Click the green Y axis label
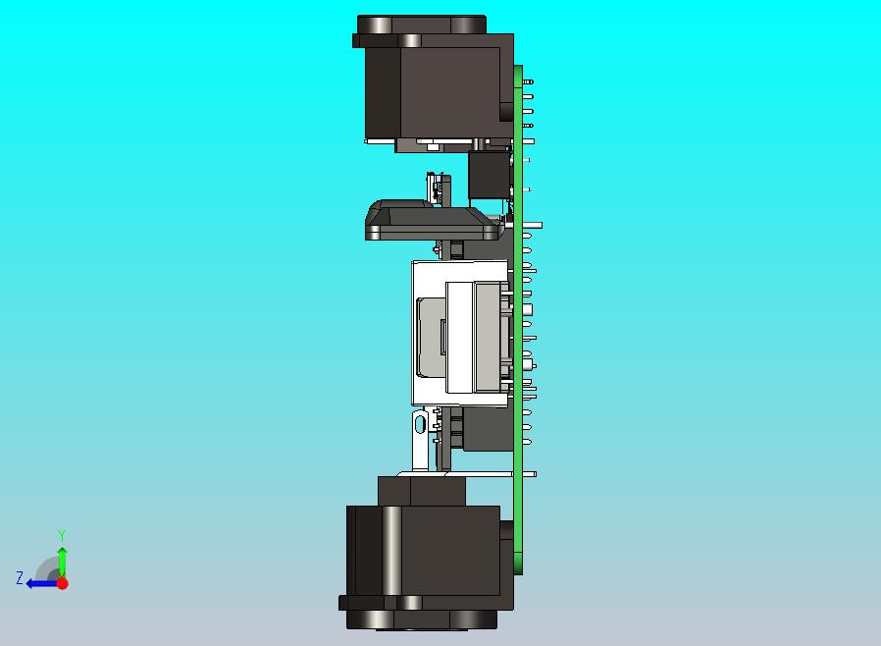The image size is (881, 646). [62, 535]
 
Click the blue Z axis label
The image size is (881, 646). [20, 577]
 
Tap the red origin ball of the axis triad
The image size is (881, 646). [63, 583]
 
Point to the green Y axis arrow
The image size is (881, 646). [63, 563]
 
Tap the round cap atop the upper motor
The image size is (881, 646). [422, 25]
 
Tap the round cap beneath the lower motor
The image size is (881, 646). [422, 619]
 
